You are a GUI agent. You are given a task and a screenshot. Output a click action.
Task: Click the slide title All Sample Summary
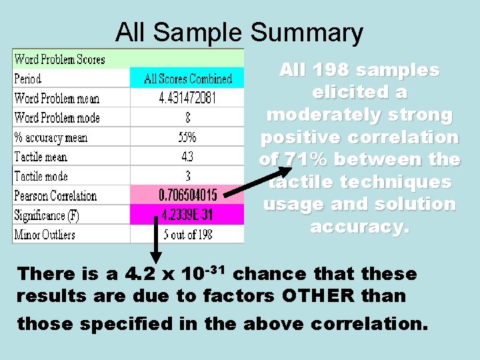coord(239,32)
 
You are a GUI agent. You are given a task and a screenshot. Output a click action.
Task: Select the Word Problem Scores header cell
coord(59,59)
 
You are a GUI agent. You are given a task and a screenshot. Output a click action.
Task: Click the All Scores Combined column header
coord(188,79)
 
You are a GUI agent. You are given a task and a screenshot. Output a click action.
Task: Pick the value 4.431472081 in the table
coord(188,99)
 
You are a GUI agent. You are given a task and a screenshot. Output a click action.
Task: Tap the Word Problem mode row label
coord(57,118)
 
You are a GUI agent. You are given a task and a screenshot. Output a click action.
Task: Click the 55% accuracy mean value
coord(188,138)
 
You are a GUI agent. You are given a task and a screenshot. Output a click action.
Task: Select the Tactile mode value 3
coord(188,177)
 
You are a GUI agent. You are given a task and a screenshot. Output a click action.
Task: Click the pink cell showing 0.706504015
coord(188,196)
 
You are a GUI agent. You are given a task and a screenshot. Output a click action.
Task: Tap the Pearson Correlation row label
coord(55,196)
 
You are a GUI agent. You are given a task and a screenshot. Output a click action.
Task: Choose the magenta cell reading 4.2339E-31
coord(188,215)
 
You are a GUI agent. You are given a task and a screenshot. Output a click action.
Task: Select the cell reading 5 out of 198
coord(188,235)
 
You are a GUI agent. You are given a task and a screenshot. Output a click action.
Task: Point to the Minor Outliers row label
coord(45,235)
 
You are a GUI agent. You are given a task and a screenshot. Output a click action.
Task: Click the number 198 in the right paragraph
coord(332,70)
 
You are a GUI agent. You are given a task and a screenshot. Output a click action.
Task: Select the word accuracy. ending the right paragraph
coord(359,227)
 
